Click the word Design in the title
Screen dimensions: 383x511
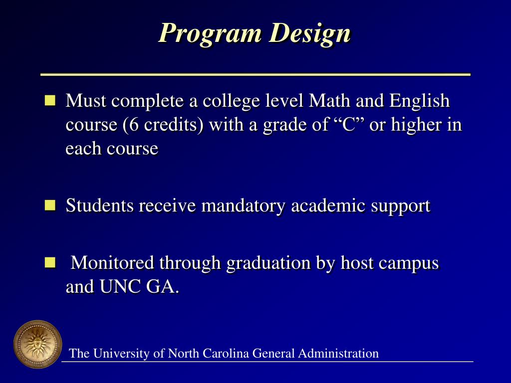(309, 33)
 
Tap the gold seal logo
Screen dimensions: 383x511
(37, 344)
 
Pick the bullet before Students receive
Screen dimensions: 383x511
(50, 205)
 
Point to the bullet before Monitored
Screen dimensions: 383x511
(50, 262)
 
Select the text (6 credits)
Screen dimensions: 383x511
(163, 125)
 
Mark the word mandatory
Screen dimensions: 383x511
(244, 205)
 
